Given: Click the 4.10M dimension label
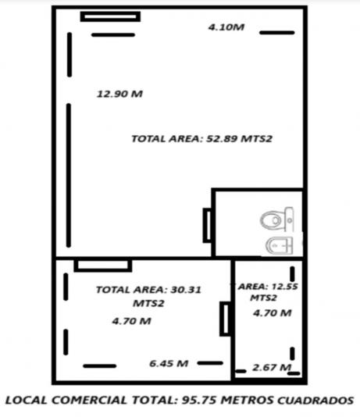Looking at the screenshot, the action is (226, 27).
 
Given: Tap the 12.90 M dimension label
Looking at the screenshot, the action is (119, 94).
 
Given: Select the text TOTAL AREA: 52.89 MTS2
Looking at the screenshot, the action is (202, 138).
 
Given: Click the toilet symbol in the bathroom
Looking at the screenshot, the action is (277, 219).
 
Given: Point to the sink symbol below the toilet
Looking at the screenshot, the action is (280, 245).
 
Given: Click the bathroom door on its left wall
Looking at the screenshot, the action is (207, 225).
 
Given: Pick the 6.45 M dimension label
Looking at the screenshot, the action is (169, 363).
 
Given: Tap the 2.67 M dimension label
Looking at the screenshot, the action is (272, 368).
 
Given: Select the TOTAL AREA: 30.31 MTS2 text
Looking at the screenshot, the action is (148, 296).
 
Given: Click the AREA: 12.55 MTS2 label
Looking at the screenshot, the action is (266, 292).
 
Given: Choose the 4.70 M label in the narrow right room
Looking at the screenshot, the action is (273, 313).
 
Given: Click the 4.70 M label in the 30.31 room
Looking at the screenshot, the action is (132, 321).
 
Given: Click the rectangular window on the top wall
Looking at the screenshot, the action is (110, 16).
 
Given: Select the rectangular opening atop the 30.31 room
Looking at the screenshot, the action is (103, 266).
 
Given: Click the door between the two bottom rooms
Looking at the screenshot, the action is (226, 319).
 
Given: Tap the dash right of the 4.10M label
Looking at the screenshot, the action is (277, 33).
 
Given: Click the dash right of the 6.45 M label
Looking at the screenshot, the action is (210, 363).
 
